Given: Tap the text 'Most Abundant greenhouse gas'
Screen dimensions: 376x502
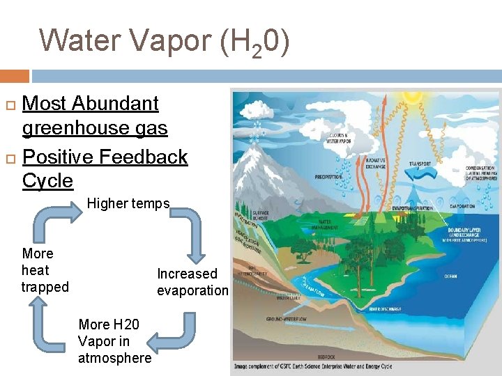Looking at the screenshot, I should pyautogui.click(x=95, y=116).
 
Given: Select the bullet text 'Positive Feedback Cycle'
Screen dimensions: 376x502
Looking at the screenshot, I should pyautogui.click(x=105, y=169).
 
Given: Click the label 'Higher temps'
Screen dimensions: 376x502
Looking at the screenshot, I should pyautogui.click(x=128, y=203).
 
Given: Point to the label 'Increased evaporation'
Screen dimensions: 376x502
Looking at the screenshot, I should pyautogui.click(x=192, y=282).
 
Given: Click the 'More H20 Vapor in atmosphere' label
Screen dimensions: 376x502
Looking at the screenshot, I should pyautogui.click(x=114, y=341).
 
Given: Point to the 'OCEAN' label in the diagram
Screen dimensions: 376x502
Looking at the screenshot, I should pyautogui.click(x=451, y=276).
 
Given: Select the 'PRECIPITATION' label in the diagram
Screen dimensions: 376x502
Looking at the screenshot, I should pyautogui.click(x=328, y=176).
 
